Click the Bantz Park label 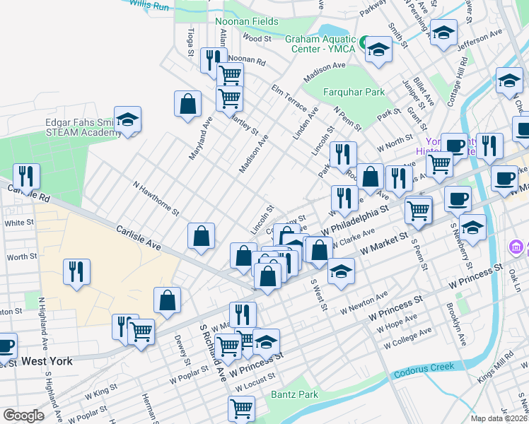295,394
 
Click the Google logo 23,416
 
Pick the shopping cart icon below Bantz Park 241,408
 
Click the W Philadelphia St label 356,221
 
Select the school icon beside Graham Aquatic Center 378,49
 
